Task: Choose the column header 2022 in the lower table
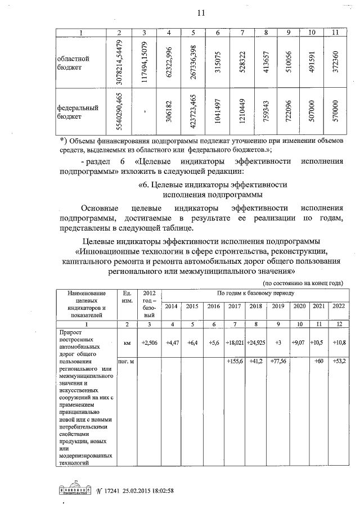point(339,306)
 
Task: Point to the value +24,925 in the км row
point(256,342)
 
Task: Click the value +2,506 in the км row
point(149,342)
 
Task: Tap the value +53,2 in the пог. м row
point(339,361)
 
